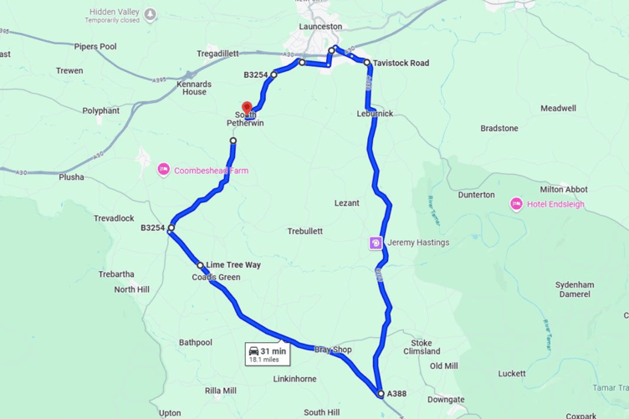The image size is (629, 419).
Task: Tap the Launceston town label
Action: click(x=321, y=26)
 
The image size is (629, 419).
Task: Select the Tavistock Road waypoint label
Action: click(x=401, y=63)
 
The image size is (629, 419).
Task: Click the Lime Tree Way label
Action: click(x=233, y=265)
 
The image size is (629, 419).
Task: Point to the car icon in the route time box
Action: click(x=253, y=351)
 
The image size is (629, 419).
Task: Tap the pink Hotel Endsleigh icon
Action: click(x=516, y=204)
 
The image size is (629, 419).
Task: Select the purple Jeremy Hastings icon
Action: click(x=376, y=243)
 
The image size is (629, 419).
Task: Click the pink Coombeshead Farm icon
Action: click(x=163, y=171)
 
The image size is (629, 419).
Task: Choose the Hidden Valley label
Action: click(x=115, y=13)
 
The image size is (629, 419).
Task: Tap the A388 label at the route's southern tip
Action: click(x=397, y=393)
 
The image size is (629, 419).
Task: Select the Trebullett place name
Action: click(x=304, y=231)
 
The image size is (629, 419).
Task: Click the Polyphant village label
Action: click(x=100, y=110)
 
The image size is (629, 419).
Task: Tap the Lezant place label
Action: click(x=346, y=203)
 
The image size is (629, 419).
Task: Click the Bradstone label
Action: click(x=499, y=128)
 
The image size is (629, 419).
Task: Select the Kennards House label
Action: click(x=194, y=88)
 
